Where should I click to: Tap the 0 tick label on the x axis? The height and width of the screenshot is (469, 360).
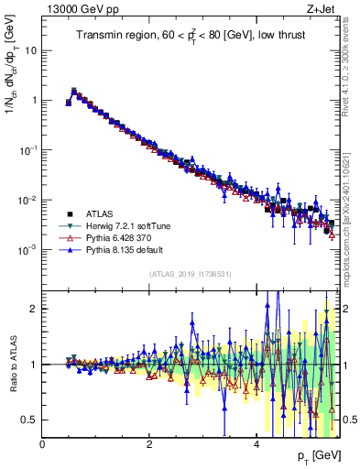(x=43, y=443)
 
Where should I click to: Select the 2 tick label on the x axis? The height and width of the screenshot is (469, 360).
(x=149, y=443)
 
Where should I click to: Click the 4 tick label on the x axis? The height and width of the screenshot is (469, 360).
(x=256, y=443)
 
